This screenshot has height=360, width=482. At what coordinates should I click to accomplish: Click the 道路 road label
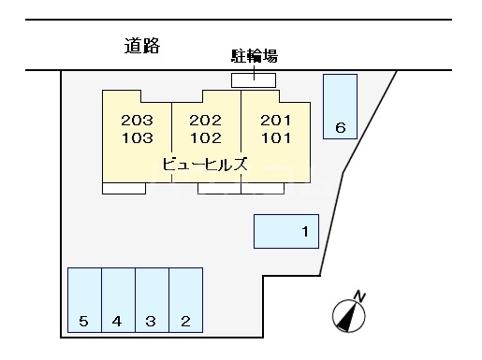142,46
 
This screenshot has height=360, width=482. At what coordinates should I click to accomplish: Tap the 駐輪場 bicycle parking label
254,56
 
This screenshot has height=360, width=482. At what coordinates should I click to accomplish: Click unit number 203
137,121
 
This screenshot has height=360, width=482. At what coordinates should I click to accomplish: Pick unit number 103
137,137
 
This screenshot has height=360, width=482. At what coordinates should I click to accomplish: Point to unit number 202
205,121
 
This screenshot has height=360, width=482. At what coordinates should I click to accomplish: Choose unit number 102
205,137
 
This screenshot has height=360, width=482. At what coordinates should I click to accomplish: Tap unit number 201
275,121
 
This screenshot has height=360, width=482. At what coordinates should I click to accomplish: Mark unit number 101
275,137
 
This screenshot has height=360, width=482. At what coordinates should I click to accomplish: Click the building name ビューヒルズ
205,164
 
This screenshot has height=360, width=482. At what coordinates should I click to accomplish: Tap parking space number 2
185,322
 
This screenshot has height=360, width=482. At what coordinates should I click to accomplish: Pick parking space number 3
151,322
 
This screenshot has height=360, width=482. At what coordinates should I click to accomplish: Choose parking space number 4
117,322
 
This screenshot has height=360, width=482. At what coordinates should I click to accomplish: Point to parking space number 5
83,322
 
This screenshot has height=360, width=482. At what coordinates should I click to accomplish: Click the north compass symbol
347,316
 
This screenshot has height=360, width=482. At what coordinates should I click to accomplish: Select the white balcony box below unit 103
124,188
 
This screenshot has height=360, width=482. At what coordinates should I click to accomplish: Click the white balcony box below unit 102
219,188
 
